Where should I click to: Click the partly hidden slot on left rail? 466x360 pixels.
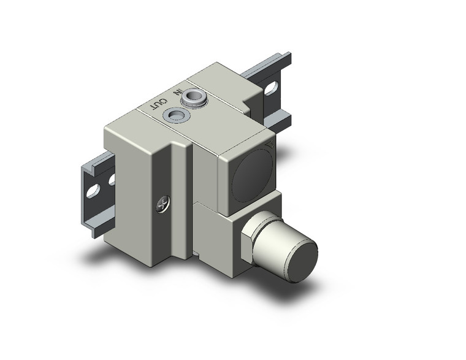[111, 180]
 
